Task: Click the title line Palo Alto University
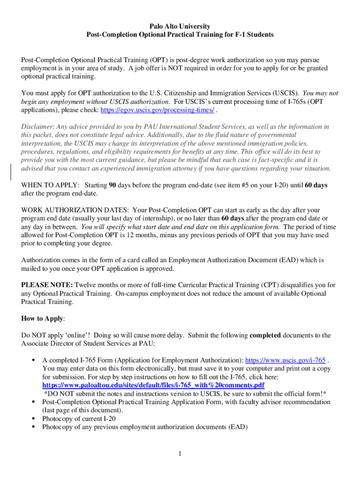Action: pyautogui.click(x=180, y=26)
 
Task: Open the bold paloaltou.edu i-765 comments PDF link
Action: pyautogui.click(x=153, y=385)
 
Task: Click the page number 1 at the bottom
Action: pyautogui.click(x=180, y=453)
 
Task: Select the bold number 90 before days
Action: pyautogui.click(x=112, y=185)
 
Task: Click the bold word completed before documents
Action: pyautogui.click(x=265, y=335)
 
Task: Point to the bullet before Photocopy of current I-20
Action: pyautogui.click(x=34, y=418)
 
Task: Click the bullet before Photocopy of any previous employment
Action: pyautogui.click(x=34, y=427)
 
